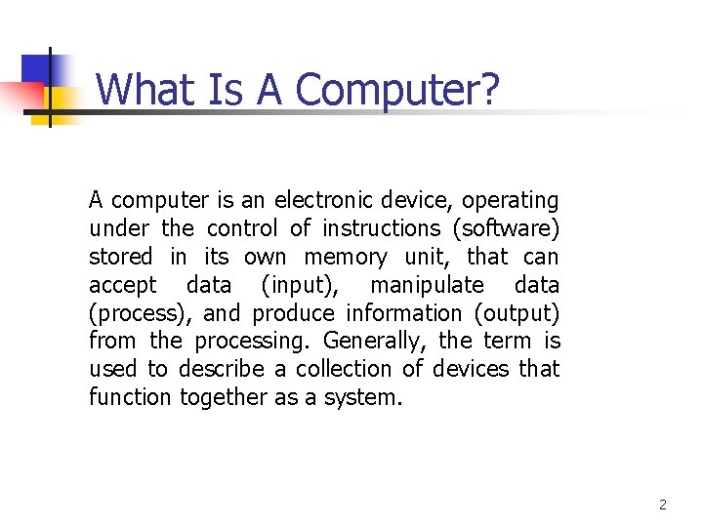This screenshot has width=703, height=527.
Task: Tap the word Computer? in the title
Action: pyautogui.click(x=396, y=90)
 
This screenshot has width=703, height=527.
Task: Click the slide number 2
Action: pyautogui.click(x=663, y=505)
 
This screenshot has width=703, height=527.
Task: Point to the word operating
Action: pyautogui.click(x=510, y=201)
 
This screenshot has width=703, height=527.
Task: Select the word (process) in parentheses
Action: pyautogui.click(x=141, y=314)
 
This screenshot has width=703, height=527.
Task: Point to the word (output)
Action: pyautogui.click(x=517, y=314)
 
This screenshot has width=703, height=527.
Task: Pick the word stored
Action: pyautogui.click(x=121, y=258)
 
